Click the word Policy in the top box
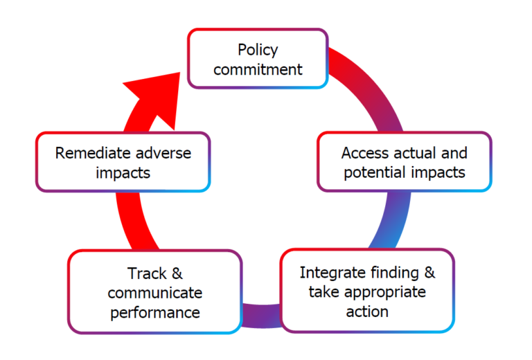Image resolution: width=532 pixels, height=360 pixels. (x=258, y=50)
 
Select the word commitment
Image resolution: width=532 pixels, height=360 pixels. (x=258, y=69)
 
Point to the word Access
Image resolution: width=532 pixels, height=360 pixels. (x=366, y=153)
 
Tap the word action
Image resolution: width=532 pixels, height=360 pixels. (x=367, y=312)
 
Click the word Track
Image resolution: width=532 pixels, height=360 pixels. (x=148, y=273)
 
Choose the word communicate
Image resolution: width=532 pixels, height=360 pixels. (x=155, y=293)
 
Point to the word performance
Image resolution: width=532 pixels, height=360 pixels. (x=155, y=312)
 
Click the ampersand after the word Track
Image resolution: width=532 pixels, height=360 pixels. (x=177, y=273)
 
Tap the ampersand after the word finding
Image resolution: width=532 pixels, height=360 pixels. (x=429, y=273)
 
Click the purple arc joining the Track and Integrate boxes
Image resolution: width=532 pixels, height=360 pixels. (x=261, y=316)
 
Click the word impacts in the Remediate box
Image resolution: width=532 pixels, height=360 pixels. (x=123, y=173)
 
